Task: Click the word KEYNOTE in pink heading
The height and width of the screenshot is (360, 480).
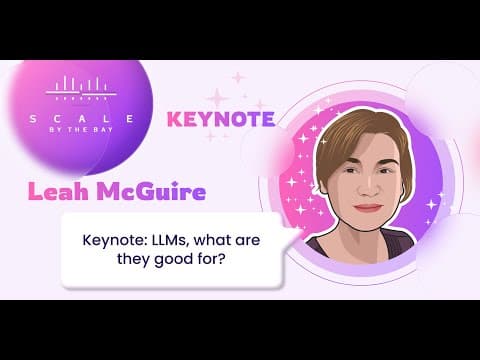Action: (221, 119)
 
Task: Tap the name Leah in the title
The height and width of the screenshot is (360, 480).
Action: (58, 192)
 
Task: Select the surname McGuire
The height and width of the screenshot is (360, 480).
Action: (152, 192)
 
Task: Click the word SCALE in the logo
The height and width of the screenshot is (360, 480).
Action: (82, 119)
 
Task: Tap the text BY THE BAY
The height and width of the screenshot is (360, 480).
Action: (81, 130)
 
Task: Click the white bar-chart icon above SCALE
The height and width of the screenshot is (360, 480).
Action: (81, 88)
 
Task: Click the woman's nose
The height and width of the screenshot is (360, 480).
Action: (368, 188)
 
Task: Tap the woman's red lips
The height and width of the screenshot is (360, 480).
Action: (368, 207)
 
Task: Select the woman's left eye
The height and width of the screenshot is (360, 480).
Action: (386, 171)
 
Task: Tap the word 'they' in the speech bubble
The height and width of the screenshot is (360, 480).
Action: (133, 259)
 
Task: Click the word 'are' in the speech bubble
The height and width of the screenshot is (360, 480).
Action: (247, 241)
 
